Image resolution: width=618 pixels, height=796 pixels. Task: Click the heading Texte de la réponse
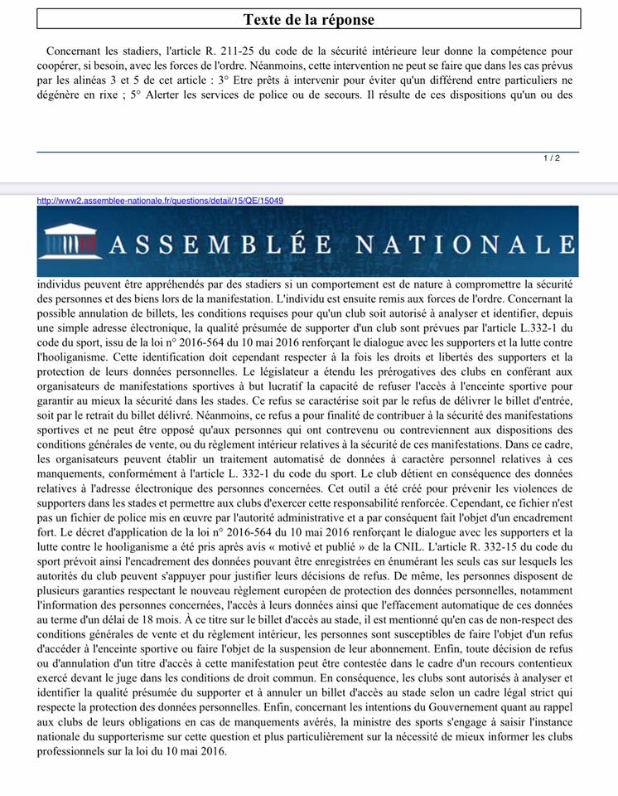pyautogui.click(x=308, y=19)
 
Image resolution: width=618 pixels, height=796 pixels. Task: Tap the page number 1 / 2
pyautogui.click(x=552, y=158)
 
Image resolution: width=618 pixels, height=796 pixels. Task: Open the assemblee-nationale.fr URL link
pyautogui.click(x=161, y=200)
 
